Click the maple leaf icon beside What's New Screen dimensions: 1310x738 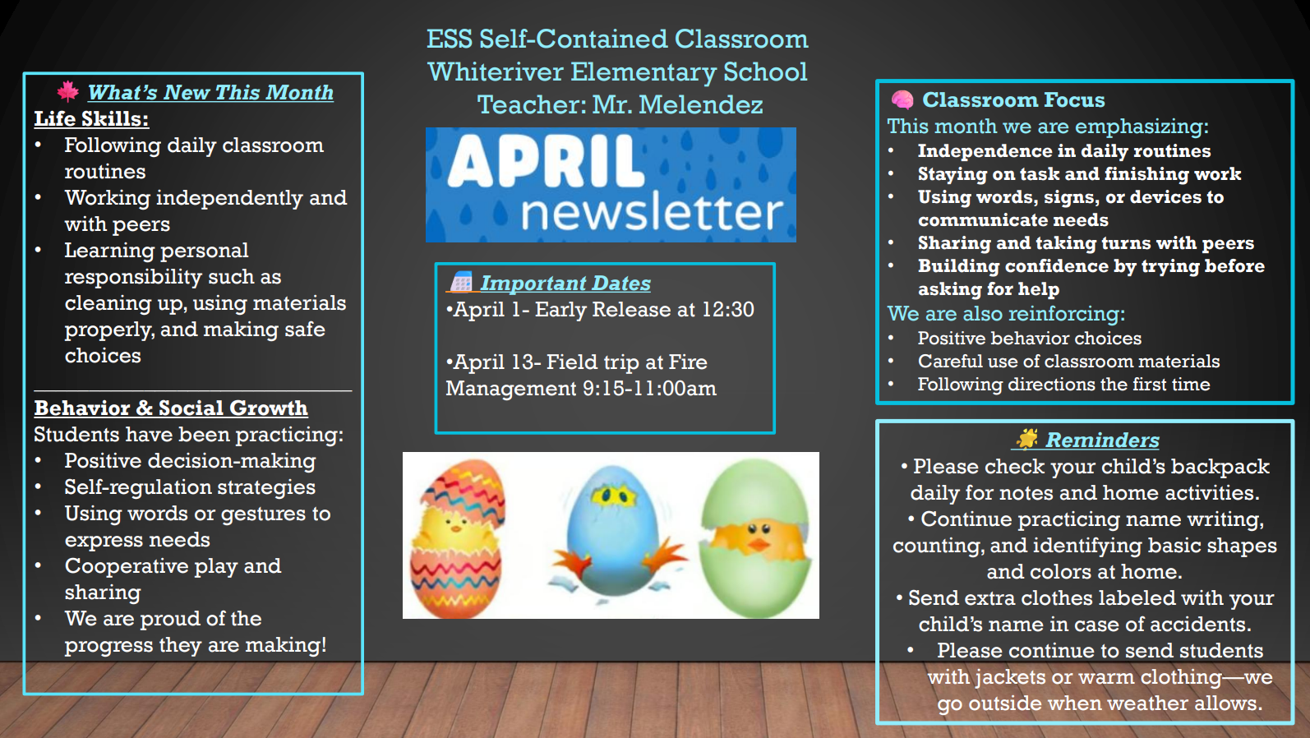68,91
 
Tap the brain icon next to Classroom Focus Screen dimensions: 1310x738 902,100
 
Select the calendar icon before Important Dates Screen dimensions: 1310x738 461,282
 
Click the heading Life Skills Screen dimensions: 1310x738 91,118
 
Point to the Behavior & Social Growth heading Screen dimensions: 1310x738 171,408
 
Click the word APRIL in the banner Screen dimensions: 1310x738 545,161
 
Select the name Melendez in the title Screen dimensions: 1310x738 701,104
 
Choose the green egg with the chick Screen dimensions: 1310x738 755,538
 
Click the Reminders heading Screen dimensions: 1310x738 1102,440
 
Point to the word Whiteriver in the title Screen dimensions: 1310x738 496,72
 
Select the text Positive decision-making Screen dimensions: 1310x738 190,461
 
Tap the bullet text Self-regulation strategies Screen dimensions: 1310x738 190,487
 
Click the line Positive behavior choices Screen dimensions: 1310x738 1029,338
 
